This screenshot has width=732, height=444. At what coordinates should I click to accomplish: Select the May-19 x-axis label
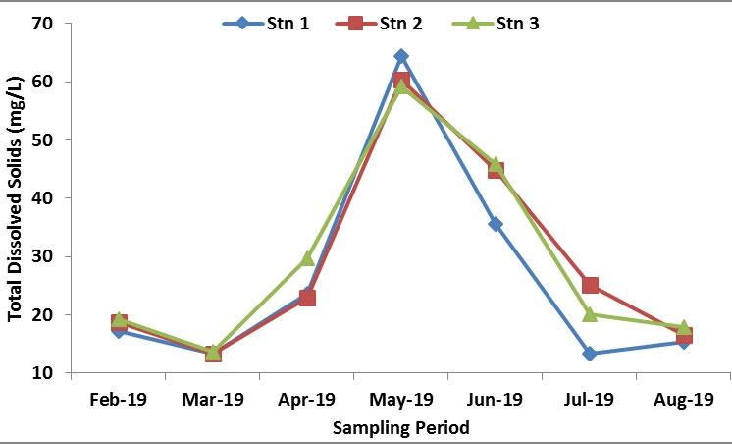pyautogui.click(x=400, y=400)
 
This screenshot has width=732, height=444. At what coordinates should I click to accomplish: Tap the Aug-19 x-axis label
pyautogui.click(x=683, y=400)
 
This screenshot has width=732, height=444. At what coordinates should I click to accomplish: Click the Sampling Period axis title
pyautogui.click(x=400, y=428)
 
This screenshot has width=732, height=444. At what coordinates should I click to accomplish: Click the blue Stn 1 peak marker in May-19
pyautogui.click(x=400, y=56)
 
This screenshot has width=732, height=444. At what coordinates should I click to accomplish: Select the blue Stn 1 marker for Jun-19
pyautogui.click(x=496, y=224)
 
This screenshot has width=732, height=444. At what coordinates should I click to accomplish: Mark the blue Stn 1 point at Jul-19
pyautogui.click(x=590, y=354)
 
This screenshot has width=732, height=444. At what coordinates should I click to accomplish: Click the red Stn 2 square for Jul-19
pyautogui.click(x=590, y=286)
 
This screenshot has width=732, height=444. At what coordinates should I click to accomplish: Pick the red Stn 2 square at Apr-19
pyautogui.click(x=307, y=297)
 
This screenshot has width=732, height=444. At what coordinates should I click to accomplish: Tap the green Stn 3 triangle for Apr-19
pyautogui.click(x=307, y=258)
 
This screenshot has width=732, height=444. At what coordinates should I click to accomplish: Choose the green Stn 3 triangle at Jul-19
pyautogui.click(x=590, y=314)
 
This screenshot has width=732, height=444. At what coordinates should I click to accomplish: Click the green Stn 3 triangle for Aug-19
pyautogui.click(x=684, y=327)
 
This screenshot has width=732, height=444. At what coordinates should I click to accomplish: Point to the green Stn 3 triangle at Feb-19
pyautogui.click(x=119, y=319)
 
